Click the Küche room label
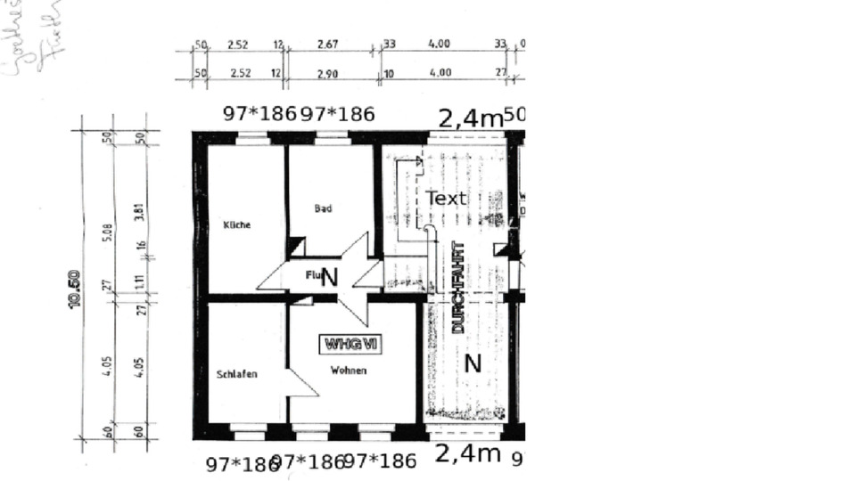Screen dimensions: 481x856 point(236,225)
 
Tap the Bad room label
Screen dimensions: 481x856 point(323,208)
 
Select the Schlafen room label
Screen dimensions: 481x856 point(236,375)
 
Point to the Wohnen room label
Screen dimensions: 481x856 point(348,371)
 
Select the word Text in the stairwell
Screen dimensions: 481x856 point(446,198)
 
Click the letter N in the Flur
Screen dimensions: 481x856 point(329,277)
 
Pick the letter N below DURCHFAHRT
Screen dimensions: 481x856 point(473,363)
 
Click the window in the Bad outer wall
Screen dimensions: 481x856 point(331,137)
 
